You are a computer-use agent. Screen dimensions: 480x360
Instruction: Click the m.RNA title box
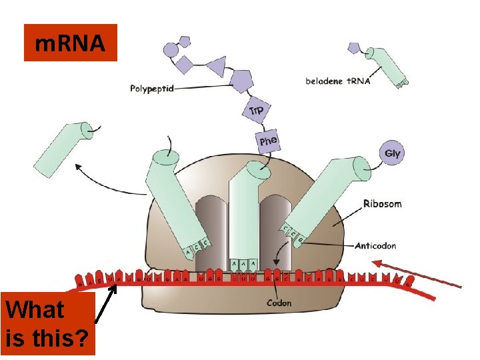pyautogui.click(x=70, y=43)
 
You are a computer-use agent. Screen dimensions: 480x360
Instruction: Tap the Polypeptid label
pyautogui.click(x=152, y=87)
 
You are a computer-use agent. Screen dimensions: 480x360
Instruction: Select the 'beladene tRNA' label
pyautogui.click(x=338, y=81)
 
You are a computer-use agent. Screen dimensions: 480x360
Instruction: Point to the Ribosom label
pyautogui.click(x=382, y=203)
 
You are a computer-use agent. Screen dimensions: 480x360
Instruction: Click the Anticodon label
pyautogui.click(x=375, y=245)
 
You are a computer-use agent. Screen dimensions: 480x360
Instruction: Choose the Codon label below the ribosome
pyautogui.click(x=279, y=303)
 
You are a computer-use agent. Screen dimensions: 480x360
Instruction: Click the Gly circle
pyautogui.click(x=393, y=153)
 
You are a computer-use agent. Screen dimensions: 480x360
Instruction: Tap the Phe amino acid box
pyautogui.click(x=268, y=141)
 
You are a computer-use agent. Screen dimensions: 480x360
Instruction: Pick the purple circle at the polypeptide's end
pyautogui.click(x=171, y=49)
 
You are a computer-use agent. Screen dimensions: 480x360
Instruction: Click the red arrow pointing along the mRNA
pyautogui.click(x=417, y=274)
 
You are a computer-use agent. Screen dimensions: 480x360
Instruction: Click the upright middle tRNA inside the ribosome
pyautogui.click(x=243, y=213)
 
